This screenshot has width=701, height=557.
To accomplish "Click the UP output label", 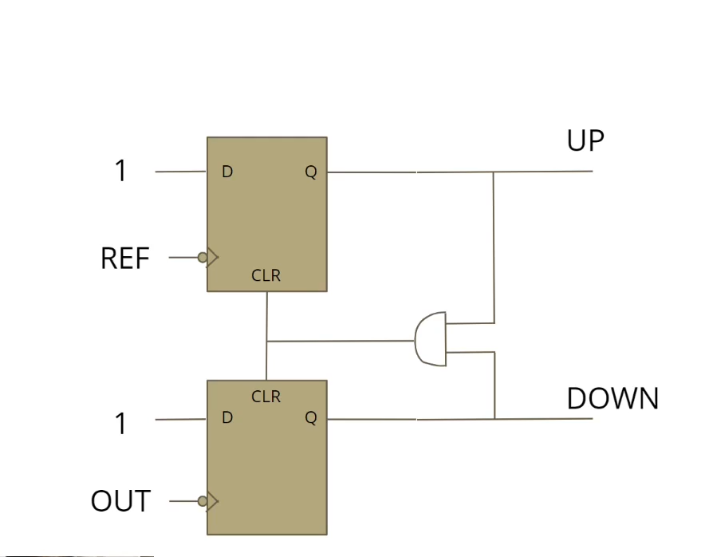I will click(x=585, y=141).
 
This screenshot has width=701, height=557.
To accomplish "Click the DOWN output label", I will click(x=612, y=398).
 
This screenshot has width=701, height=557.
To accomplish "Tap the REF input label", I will click(x=125, y=259).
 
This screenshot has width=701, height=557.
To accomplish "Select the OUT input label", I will click(x=120, y=501).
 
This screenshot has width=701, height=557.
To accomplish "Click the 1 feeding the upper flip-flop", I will click(x=120, y=171).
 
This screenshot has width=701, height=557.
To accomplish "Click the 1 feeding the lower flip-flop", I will click(x=120, y=424).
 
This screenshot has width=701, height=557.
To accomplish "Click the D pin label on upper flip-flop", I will click(x=227, y=172).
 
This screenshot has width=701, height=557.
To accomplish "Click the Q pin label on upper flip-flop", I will click(x=311, y=172).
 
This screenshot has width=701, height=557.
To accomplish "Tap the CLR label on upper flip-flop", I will click(x=266, y=276).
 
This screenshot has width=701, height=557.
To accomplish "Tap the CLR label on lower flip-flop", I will click(x=266, y=396).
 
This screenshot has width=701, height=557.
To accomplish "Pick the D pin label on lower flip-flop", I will click(x=227, y=417).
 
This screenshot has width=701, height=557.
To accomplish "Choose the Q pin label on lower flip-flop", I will click(x=311, y=417).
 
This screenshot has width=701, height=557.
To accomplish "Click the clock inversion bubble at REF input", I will click(x=203, y=257).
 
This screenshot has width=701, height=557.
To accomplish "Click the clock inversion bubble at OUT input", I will click(x=203, y=501).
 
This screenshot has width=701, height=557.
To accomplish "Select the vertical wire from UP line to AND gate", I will click(x=494, y=247).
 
